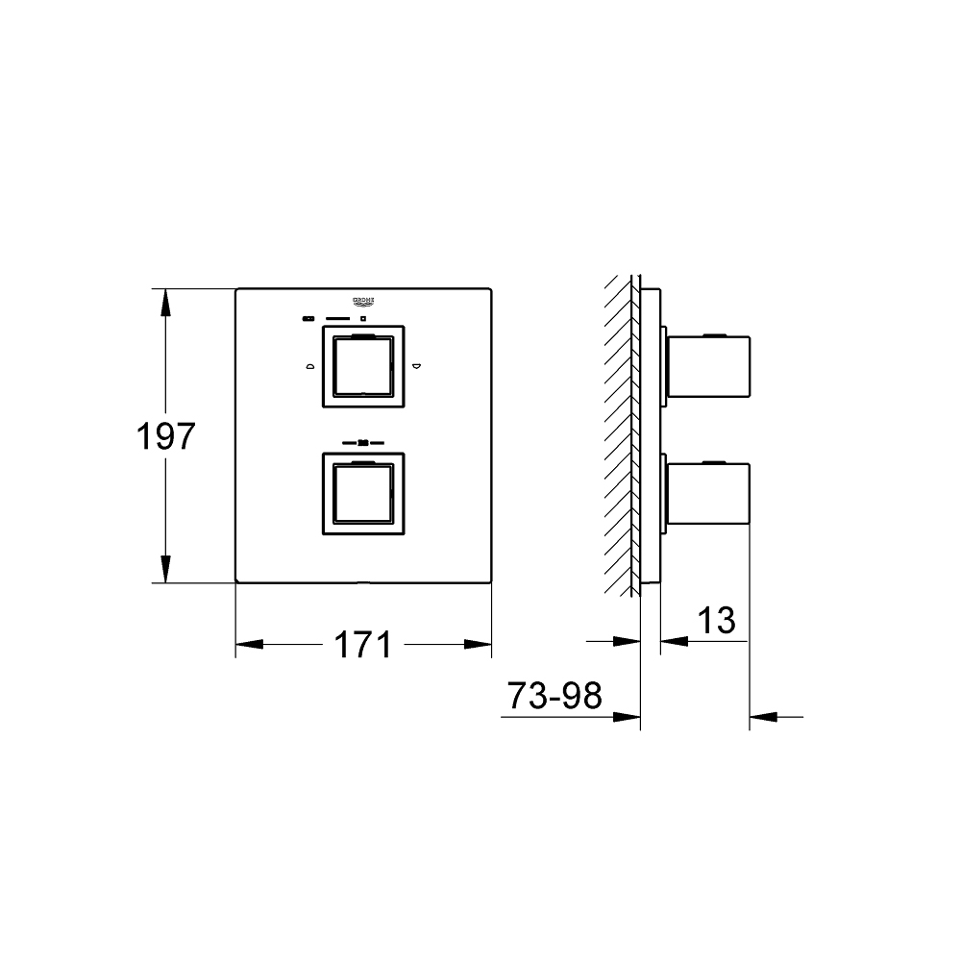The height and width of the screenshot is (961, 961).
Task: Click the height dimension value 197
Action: pos(166,437)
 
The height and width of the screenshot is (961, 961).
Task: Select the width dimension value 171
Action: pos(363,644)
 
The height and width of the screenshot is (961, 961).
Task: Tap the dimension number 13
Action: pos(716,621)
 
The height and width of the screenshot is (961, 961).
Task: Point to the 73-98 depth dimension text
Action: pos(554,695)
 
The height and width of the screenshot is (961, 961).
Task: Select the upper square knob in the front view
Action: pos(362,365)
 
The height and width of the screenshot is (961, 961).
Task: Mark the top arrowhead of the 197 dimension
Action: pos(166,301)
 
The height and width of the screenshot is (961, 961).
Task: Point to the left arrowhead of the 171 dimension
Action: pos(249,644)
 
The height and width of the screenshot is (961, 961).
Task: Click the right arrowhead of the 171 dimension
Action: pos(479,644)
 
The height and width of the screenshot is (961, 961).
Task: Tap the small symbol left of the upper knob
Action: pos(309,365)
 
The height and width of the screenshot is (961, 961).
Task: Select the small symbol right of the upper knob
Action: pos(416,365)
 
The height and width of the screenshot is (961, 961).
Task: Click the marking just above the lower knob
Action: pos(362,443)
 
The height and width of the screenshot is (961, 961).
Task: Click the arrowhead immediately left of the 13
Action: pos(674,640)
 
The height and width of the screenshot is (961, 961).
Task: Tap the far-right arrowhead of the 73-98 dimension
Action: pos(763,715)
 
